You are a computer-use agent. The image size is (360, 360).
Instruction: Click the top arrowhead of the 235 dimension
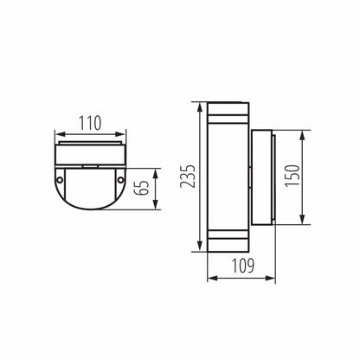click(198, 106)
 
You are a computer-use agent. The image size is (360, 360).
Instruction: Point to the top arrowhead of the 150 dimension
click(304, 133)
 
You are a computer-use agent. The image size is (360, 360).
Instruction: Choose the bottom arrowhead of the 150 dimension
click(304, 225)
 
